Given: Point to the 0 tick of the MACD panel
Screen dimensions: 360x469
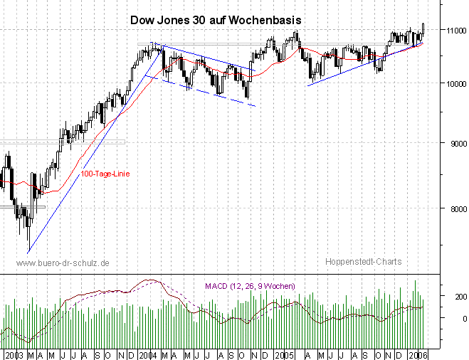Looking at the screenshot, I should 443,318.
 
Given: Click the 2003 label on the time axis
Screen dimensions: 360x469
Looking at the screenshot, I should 14,354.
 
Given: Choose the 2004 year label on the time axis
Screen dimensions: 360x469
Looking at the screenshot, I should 148,354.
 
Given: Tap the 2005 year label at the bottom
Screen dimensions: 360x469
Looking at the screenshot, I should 285,354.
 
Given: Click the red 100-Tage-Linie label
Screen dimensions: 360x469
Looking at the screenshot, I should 105,174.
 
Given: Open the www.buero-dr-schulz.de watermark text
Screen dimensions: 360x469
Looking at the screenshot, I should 62,263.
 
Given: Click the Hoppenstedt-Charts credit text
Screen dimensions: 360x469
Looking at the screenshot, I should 363,262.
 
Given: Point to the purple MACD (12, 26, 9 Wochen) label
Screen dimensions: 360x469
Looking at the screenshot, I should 249,286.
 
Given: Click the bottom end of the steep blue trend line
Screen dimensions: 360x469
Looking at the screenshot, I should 28,252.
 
